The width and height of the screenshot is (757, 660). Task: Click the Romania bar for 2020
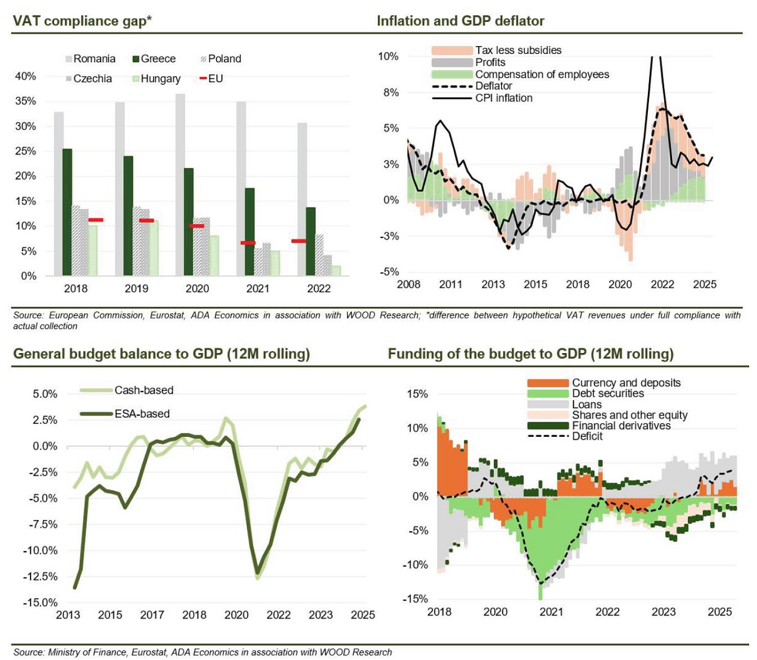(180, 186)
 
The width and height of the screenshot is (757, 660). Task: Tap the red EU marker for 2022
(299, 241)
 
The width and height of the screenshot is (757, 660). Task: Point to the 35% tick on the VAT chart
(25, 101)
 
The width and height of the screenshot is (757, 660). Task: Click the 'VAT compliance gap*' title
(83, 21)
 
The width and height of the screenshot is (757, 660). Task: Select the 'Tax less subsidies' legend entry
(518, 50)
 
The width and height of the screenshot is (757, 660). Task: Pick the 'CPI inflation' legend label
(503, 98)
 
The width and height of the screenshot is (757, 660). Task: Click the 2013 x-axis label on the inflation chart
(493, 284)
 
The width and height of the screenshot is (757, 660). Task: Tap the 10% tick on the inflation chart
(389, 56)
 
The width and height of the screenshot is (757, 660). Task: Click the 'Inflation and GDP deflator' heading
(461, 21)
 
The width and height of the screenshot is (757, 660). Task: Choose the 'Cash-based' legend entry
(143, 390)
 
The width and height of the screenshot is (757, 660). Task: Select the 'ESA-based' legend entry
(142, 414)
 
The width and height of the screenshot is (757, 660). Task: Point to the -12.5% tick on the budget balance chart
(40, 576)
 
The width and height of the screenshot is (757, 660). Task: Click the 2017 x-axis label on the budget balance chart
(152, 615)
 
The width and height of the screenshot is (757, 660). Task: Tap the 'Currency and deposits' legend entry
(626, 383)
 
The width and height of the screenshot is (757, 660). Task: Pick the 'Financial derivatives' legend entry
(621, 426)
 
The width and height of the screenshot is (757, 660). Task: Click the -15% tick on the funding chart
(415, 599)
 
